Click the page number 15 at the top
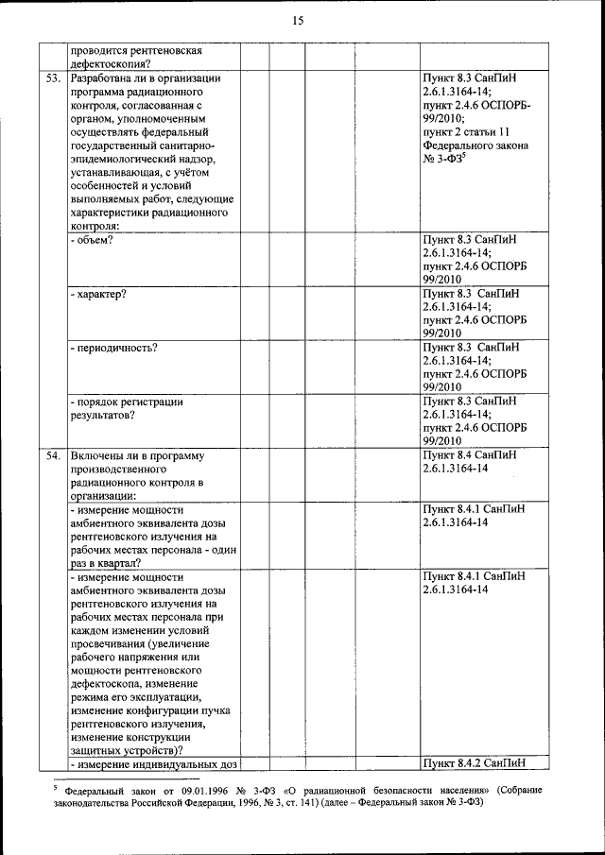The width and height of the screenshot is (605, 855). [298, 21]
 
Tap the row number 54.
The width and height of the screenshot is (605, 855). [53, 456]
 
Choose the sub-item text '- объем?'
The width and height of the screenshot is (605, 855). [93, 240]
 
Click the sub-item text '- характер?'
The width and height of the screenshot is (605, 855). [98, 294]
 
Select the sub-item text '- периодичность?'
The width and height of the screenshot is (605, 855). [113, 348]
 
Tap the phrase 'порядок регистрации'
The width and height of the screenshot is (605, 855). [127, 402]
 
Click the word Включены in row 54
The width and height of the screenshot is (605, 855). [98, 456]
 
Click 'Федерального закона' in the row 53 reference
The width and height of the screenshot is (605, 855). [475, 146]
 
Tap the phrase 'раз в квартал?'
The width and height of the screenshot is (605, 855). [112, 563]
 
